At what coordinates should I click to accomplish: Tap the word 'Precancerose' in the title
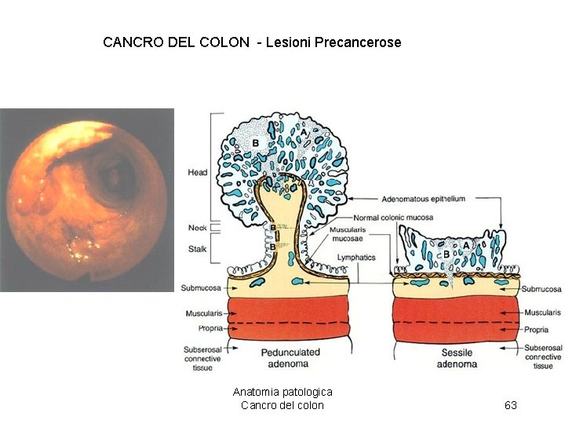[358, 42]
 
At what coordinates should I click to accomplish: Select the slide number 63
[511, 405]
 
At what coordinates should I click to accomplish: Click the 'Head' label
[197, 172]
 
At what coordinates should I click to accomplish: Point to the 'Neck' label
[197, 228]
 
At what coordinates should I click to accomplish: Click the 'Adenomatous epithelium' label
[425, 199]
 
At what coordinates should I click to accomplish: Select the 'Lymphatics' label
[356, 258]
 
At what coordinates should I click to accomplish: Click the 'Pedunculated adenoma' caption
[290, 358]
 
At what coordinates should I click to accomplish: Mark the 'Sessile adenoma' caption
[457, 358]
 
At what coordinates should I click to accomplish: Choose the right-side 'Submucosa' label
[542, 289]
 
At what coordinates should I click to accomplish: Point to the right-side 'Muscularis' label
[542, 313]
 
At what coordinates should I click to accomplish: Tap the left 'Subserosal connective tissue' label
[202, 357]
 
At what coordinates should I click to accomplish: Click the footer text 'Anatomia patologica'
[282, 392]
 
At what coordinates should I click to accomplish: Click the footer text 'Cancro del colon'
[282, 405]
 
